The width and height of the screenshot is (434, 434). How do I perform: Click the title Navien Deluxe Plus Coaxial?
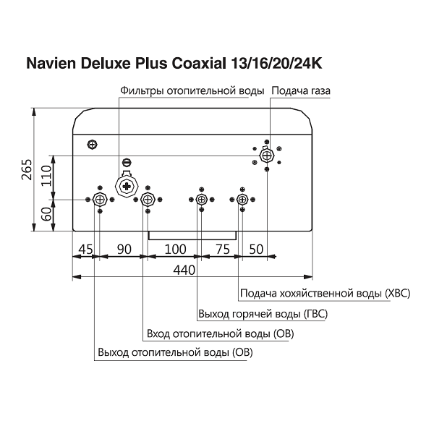click(126, 64)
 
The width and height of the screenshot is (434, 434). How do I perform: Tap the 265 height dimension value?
click(27, 170)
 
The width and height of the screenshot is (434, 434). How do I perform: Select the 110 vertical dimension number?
click(46, 176)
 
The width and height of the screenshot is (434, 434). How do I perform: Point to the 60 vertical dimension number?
click(46, 213)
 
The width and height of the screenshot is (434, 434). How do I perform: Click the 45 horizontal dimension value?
click(86, 250)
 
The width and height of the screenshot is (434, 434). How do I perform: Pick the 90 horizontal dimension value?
click(124, 250)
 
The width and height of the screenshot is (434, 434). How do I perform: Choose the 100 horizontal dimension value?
click(176, 250)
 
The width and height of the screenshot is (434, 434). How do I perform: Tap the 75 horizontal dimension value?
click(223, 250)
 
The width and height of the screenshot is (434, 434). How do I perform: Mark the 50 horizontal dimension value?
click(256, 250)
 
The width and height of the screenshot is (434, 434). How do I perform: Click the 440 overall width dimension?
click(184, 270)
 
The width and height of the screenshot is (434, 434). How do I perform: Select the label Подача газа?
click(301, 91)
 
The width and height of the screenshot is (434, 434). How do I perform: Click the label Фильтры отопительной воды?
click(192, 91)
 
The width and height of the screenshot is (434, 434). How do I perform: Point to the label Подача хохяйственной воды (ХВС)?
click(325, 294)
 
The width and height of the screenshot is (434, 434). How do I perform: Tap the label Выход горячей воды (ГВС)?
click(263, 314)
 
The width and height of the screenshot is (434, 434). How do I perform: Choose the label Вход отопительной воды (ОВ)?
click(221, 333)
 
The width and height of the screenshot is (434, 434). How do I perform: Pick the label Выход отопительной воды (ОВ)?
click(175, 353)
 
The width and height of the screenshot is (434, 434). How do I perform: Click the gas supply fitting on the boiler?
click(267, 156)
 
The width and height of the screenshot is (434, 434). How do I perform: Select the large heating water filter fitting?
click(127, 187)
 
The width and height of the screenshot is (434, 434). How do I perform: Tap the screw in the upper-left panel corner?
click(93, 144)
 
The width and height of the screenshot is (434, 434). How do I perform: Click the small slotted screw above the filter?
click(127, 163)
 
